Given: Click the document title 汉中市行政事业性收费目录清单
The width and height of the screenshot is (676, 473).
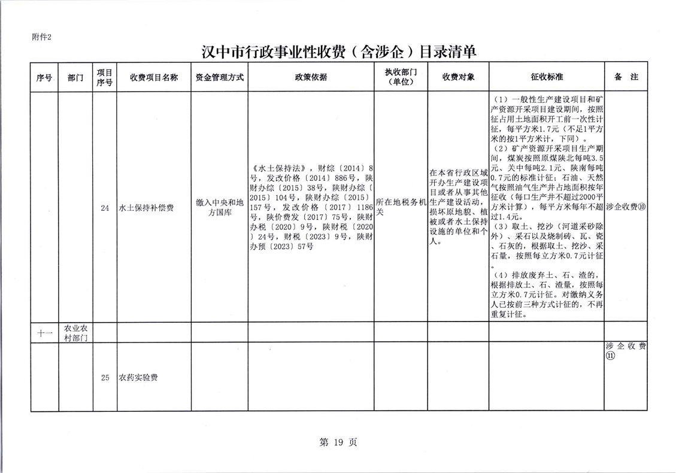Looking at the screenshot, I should [338, 51].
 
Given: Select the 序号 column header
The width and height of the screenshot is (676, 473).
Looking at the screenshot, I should [44, 78].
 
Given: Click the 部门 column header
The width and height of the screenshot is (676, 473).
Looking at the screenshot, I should [75, 78].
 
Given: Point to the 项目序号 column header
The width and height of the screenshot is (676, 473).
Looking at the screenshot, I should [104, 78].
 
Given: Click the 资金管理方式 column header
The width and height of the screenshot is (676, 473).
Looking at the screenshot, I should [220, 78].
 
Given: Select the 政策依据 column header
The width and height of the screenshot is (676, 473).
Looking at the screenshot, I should [311, 78].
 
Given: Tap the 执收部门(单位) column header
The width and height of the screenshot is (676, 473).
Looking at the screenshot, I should [401, 78].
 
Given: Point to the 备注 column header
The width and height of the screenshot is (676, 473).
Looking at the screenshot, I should [626, 78].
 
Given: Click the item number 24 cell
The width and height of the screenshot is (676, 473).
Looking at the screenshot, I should [105, 208].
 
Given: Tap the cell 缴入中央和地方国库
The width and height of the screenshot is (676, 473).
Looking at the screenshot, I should [220, 208].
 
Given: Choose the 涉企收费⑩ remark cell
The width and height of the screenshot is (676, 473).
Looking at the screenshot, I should [626, 208].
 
